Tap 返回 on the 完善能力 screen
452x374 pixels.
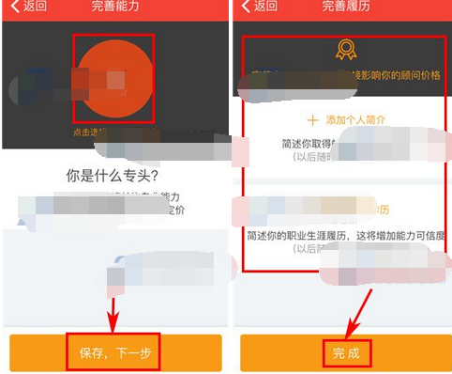click(x=34, y=8)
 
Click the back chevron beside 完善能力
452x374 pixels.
click(x=14, y=8)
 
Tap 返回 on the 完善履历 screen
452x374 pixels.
click(x=265, y=8)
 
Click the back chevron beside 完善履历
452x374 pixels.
click(x=246, y=8)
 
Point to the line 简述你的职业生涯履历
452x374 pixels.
click(x=309, y=234)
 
